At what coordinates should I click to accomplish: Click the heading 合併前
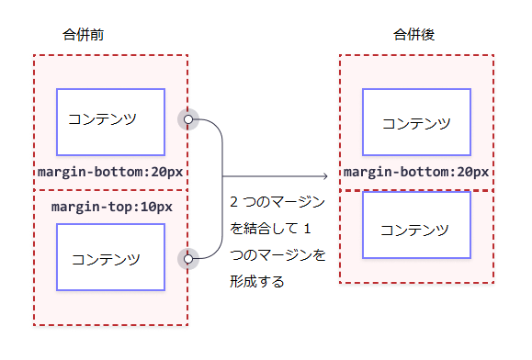(83, 35)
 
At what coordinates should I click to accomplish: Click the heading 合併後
(413, 35)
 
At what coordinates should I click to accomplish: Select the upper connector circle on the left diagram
(188, 119)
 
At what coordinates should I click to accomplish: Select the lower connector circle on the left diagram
(188, 259)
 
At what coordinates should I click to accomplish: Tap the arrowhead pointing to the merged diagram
(325, 175)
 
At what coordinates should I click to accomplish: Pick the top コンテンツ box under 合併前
(110, 122)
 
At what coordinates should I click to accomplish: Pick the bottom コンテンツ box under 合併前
(110, 258)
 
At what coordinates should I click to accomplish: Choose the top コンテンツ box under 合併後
(416, 122)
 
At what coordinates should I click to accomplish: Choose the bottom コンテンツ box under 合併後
(416, 225)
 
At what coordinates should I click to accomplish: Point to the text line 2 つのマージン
(276, 202)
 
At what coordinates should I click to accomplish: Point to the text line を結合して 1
(272, 229)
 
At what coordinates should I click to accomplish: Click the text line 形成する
(257, 282)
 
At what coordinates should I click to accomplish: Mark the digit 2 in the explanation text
(234, 202)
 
